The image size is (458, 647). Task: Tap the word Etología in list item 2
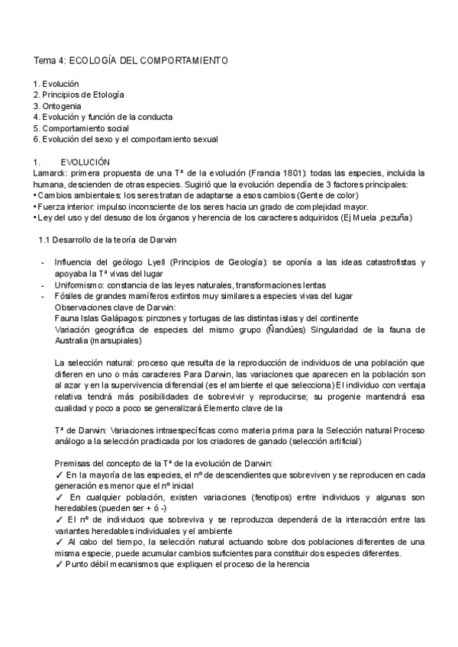[108, 94]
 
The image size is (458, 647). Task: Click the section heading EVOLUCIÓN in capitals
[86, 162]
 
